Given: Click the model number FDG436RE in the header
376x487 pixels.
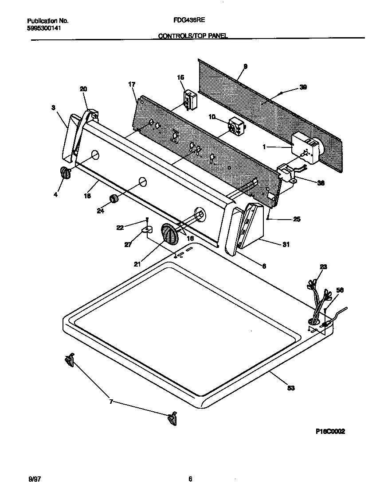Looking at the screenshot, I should pyautogui.click(x=192, y=20).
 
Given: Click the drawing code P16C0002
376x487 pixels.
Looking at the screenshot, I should pyautogui.click(x=330, y=432).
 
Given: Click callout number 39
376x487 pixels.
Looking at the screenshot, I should pyautogui.click(x=303, y=87).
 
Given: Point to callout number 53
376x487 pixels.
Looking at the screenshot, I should pyautogui.click(x=291, y=388).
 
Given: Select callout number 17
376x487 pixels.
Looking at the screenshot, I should pyautogui.click(x=132, y=84).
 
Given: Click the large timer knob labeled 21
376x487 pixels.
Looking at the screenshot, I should pyautogui.click(x=169, y=233).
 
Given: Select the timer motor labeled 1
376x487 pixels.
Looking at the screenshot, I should pyautogui.click(x=306, y=148).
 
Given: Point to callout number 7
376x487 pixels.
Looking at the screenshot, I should pyautogui.click(x=111, y=402).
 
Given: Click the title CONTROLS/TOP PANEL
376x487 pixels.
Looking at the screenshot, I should pyautogui.click(x=193, y=37).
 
